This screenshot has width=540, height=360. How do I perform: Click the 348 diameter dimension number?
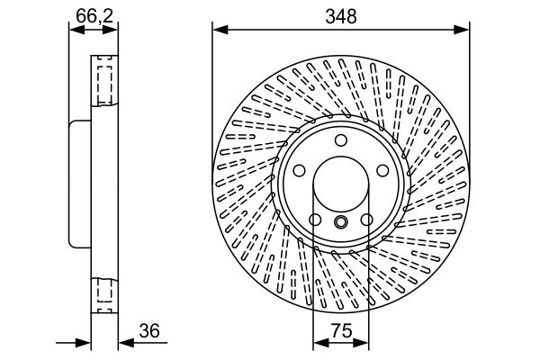(x=341, y=15)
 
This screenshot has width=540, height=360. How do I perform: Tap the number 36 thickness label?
(x=149, y=330)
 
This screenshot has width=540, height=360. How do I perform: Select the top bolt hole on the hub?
(x=341, y=140)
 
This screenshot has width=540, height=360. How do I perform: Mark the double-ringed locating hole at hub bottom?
(x=341, y=222)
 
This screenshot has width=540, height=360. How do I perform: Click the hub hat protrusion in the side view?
(x=78, y=184)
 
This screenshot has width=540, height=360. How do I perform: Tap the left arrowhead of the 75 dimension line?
(x=318, y=343)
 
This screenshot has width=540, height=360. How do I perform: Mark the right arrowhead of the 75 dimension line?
(x=364, y=343)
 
